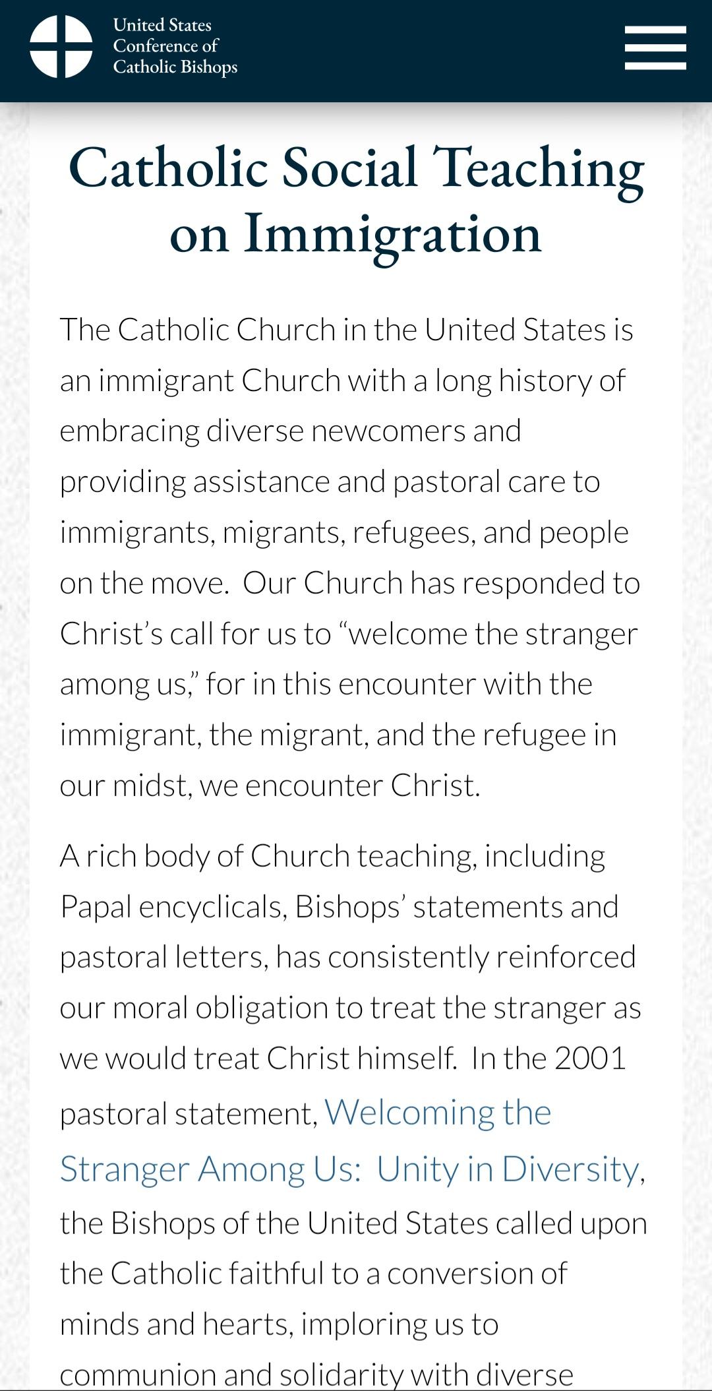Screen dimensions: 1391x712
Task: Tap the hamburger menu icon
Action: coord(655,47)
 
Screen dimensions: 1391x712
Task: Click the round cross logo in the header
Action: coord(61,46)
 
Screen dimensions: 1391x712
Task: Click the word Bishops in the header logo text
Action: coord(206,67)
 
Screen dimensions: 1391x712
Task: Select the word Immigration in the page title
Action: coord(392,233)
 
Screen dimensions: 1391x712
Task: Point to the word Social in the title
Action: coord(349,168)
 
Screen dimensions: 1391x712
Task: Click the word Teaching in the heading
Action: coord(538,168)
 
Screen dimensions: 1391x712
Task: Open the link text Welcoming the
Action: coord(438,1113)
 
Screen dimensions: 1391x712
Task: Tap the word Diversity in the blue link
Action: coord(570,1169)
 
